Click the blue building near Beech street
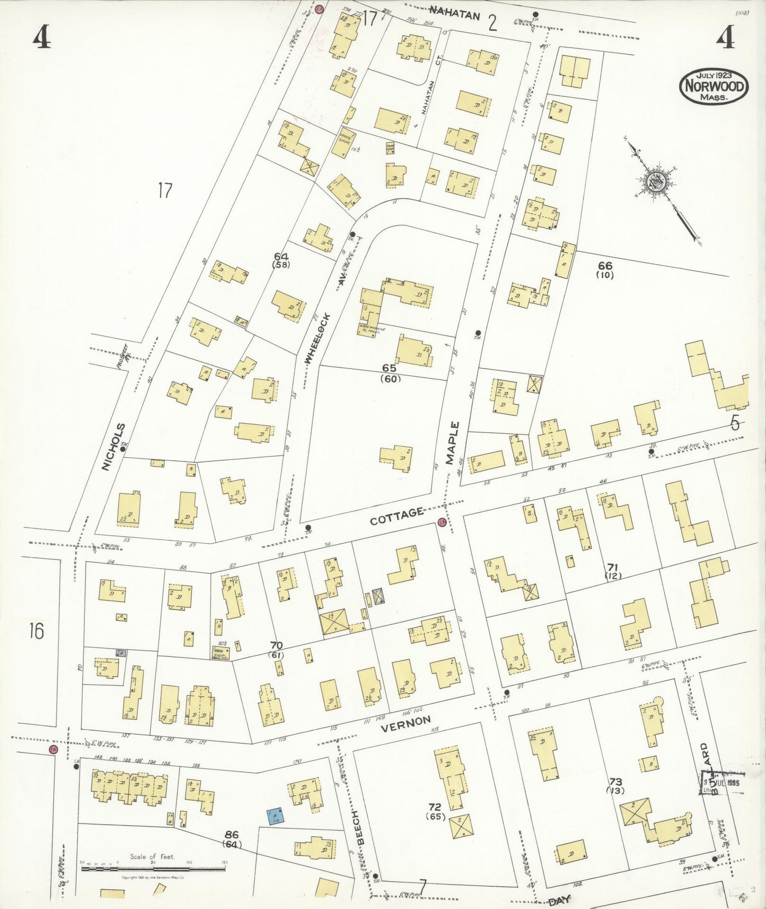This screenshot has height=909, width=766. tap(275, 816)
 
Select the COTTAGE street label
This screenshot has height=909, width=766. tap(397, 516)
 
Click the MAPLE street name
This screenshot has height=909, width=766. tap(453, 443)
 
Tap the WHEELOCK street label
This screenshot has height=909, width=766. tap(318, 338)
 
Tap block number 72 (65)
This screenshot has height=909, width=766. tap(435, 811)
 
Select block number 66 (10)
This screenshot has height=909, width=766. tap(605, 270)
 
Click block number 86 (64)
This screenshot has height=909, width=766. tap(231, 840)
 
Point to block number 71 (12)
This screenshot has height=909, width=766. tap(613, 571)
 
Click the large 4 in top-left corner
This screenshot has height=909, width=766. tap(41, 37)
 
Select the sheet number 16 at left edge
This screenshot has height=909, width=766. tap(36, 632)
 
